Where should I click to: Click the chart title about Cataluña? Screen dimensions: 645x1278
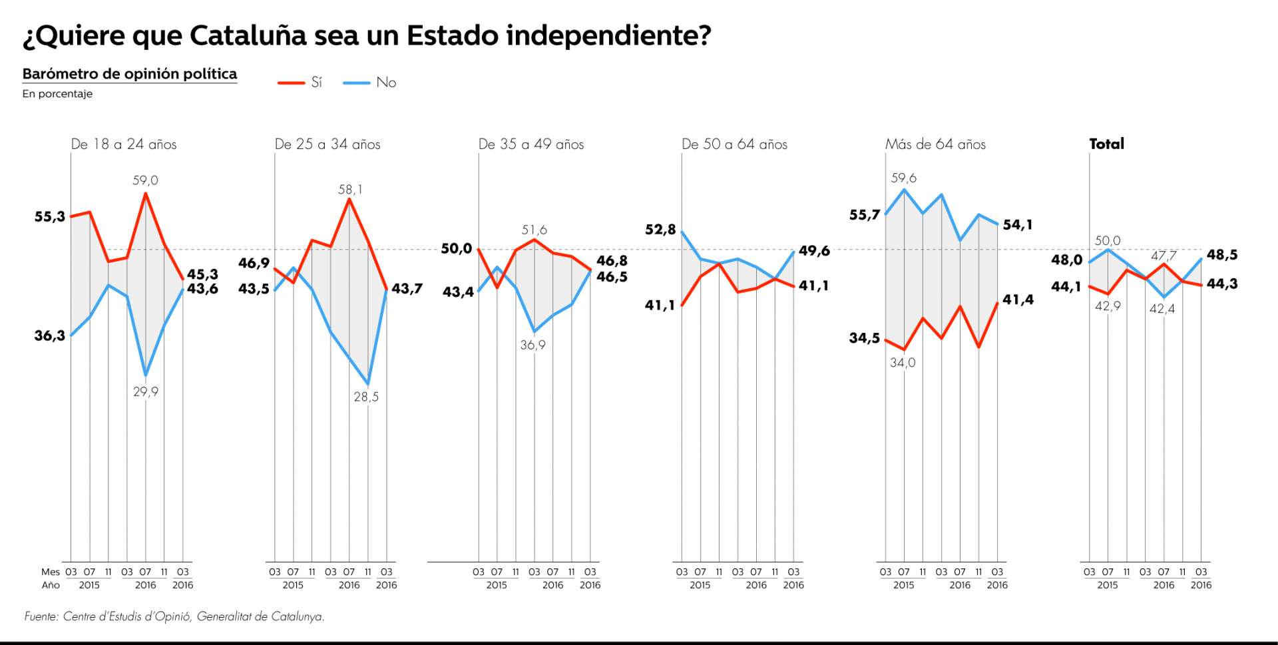[367, 35]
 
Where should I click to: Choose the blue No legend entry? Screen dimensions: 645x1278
[370, 83]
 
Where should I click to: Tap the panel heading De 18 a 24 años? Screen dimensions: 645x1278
[124, 144]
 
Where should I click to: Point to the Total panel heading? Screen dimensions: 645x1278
[1106, 144]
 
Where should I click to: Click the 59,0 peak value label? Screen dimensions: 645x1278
[145, 180]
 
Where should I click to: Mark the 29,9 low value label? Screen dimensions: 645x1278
[145, 391]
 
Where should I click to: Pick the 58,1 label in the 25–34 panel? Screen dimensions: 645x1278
[350, 190]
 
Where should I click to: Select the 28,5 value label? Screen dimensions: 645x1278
[366, 397]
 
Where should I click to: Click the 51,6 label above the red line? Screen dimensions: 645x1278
[534, 230]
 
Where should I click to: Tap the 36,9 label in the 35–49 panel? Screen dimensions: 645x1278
[532, 345]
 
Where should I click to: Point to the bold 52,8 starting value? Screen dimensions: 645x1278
[660, 230]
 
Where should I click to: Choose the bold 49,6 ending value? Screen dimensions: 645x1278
[814, 251]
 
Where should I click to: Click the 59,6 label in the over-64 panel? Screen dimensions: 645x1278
[903, 178]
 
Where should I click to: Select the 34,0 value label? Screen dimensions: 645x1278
[903, 363]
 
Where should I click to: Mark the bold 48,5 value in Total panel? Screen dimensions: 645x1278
[1222, 255]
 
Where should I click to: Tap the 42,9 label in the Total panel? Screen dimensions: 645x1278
[1108, 306]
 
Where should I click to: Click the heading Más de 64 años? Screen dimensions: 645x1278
[935, 144]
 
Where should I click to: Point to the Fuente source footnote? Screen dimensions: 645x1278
[174, 616]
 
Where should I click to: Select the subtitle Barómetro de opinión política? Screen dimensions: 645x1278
[130, 74]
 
